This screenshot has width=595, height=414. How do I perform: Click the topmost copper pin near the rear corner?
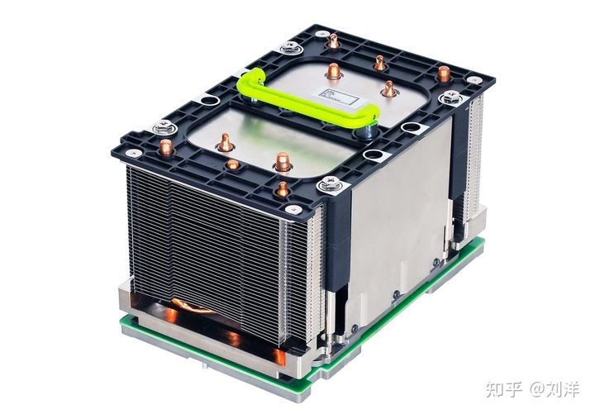click(333, 40)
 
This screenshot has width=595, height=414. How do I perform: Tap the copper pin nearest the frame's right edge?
click(444, 74)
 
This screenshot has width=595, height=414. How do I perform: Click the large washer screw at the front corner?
click(330, 184)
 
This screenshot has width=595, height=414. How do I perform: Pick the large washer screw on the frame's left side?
click(164, 127)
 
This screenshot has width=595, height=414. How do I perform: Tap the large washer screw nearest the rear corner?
click(290, 47)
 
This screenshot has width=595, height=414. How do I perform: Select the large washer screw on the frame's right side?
click(450, 98)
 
